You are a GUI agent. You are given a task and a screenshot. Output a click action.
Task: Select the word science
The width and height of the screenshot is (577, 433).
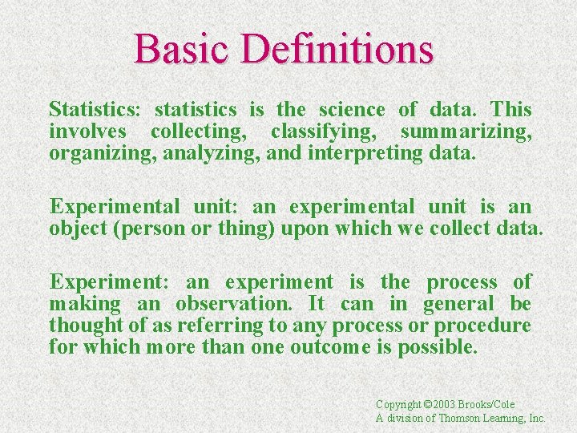click(x=351, y=109)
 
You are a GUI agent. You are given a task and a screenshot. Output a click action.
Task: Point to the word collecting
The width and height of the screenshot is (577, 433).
click(x=200, y=131)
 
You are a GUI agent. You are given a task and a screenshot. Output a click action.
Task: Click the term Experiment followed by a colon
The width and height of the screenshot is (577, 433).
click(x=109, y=281)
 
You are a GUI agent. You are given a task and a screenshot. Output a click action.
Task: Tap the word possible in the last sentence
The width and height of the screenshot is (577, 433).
click(x=443, y=347)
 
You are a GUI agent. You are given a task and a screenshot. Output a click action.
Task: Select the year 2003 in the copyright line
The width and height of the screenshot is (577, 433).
click(x=439, y=404)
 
